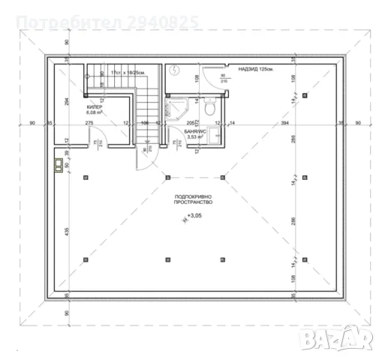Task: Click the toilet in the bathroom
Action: (x=212, y=109)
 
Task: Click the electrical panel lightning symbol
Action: (x=174, y=70)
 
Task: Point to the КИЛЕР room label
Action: (x=95, y=107)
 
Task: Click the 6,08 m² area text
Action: (x=95, y=114)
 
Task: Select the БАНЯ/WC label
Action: (x=194, y=131)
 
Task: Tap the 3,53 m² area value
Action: (x=194, y=137)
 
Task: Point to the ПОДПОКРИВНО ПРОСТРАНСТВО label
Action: (x=191, y=199)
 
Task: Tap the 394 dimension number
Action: (x=284, y=122)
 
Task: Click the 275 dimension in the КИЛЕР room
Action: (x=89, y=122)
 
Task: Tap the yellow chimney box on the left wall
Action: (x=59, y=164)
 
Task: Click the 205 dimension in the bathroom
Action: (x=191, y=122)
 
